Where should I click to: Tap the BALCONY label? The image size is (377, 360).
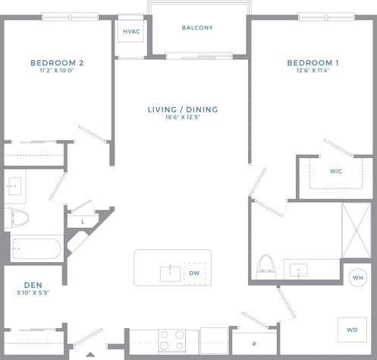197,28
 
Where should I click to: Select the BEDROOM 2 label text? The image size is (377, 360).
57,62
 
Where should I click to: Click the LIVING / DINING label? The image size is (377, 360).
182,109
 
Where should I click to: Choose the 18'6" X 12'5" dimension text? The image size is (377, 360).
182,118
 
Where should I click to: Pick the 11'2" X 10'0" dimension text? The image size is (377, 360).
57,71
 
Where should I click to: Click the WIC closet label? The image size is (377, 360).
336,172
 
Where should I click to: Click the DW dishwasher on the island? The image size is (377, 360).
193,273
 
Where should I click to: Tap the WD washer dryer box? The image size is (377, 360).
352,330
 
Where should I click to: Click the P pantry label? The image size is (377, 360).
254,344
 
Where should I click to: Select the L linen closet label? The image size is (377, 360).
82,221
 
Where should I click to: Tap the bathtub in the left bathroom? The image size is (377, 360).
36,249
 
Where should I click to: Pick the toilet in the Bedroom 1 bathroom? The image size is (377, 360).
265,264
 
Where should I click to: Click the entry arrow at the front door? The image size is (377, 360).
91,354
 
